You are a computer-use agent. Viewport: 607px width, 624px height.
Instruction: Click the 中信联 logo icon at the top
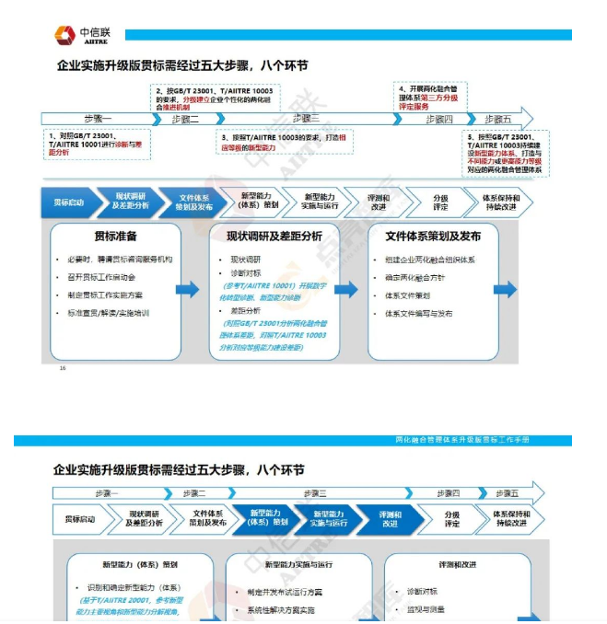[x=65, y=35]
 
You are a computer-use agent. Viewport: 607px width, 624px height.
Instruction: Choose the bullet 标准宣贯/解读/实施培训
[x=114, y=313]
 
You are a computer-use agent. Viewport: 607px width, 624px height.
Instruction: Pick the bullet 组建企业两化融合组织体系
[x=430, y=260]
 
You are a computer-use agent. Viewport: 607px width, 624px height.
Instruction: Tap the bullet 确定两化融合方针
[x=415, y=277]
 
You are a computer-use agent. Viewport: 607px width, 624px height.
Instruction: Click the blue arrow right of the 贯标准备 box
[x=188, y=289]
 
